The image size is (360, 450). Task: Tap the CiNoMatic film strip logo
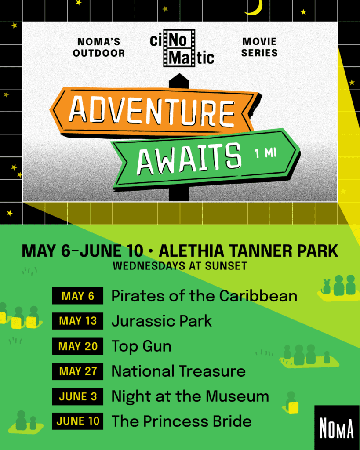[182, 48]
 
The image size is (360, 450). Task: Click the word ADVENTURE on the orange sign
[152, 110]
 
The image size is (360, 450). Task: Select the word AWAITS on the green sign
[189, 159]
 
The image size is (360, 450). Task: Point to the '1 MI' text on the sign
[265, 153]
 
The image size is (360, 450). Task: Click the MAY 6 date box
[77, 296]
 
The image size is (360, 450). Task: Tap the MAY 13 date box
[77, 321]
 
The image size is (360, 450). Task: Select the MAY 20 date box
[77, 346]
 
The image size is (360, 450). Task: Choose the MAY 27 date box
[77, 371]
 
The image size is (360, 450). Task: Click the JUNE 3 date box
[77, 397]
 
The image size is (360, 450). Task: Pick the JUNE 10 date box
[77, 421]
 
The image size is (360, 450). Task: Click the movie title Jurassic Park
[162, 321]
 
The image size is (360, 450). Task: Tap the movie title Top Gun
[141, 347]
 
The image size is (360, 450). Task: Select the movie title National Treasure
[178, 371]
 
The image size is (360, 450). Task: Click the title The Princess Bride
[182, 421]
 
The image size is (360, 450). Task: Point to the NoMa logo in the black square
[337, 428]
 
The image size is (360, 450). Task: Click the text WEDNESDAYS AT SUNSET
[180, 266]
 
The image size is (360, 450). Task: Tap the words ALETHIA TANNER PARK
[248, 251]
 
